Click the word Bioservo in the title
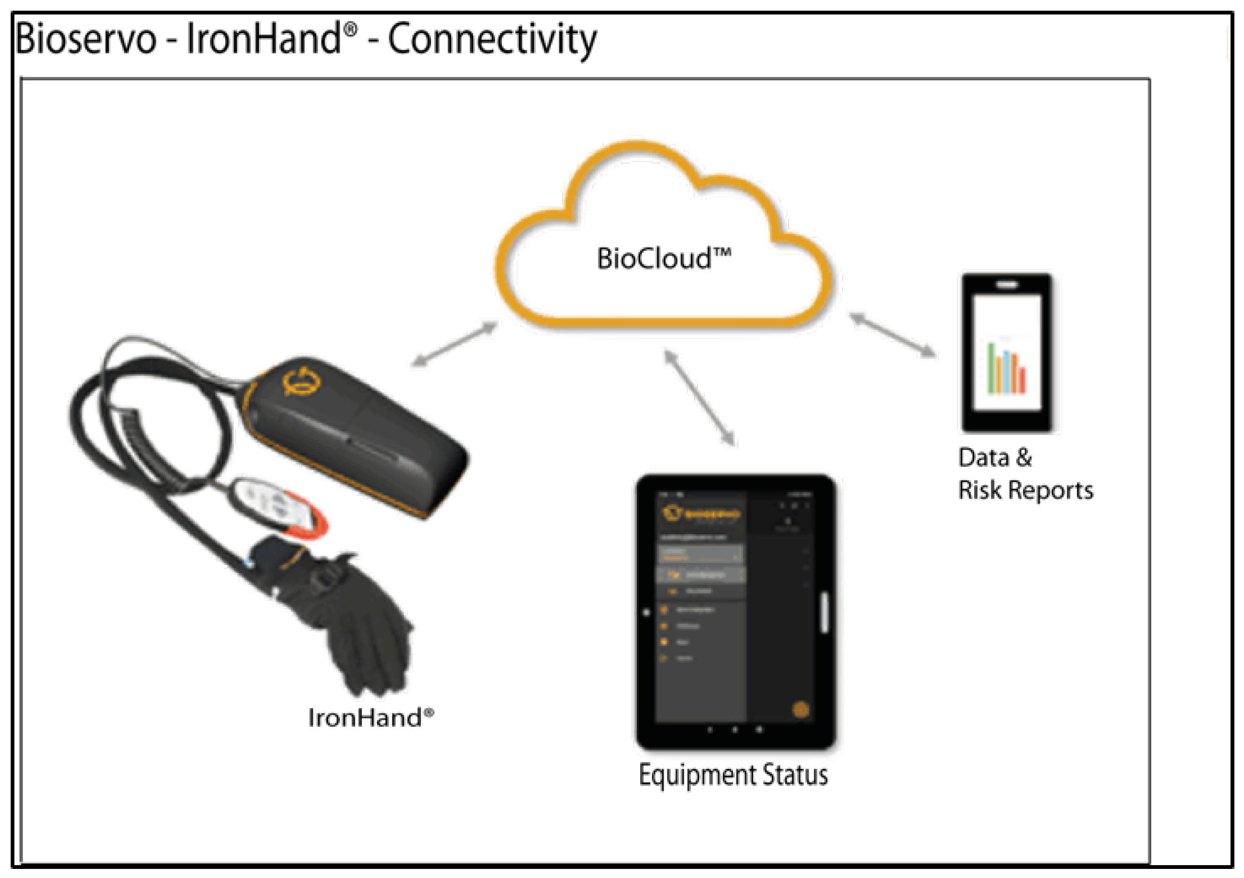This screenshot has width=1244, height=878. click(85, 39)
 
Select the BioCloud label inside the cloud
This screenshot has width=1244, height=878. click(663, 258)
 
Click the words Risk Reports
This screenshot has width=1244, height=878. click(1026, 491)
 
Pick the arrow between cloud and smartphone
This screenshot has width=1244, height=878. click(892, 336)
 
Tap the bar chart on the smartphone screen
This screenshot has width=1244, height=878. click(1007, 368)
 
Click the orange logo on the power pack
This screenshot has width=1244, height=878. click(301, 381)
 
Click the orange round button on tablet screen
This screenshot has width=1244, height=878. click(801, 710)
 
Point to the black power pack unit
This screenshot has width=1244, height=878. click(355, 433)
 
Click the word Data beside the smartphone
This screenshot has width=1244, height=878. click(983, 458)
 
